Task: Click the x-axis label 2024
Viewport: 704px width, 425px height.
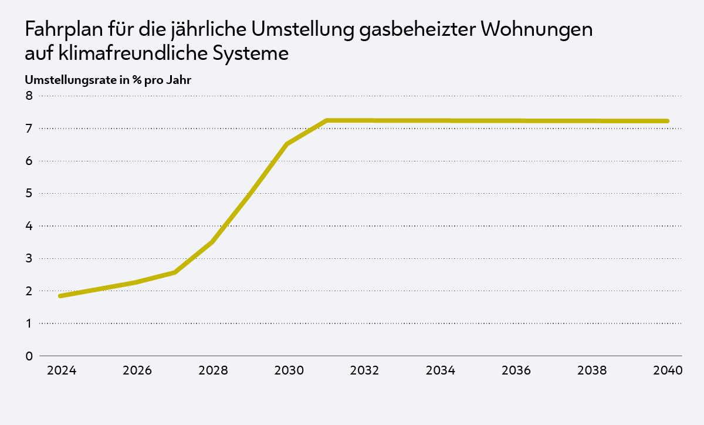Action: tap(62, 371)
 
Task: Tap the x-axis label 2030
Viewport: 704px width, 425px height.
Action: tap(289, 371)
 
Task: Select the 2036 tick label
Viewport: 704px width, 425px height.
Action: tap(516, 371)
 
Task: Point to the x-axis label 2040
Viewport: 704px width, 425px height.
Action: tap(668, 371)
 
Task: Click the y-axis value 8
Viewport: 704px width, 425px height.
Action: tap(28, 96)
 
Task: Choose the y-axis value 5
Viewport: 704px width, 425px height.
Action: tap(28, 193)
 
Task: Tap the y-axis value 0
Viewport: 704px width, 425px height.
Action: tap(28, 356)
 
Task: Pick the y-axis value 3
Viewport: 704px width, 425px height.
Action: tap(28, 258)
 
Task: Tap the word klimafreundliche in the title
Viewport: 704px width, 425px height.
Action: tap(123, 53)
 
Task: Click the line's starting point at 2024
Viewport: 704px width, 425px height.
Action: tap(60, 296)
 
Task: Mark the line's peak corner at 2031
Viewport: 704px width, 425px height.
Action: tap(326, 120)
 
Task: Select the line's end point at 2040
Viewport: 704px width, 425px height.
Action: tap(667, 121)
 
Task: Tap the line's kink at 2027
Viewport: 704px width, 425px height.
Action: tap(174, 272)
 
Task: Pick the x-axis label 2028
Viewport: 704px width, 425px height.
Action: tap(214, 371)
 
